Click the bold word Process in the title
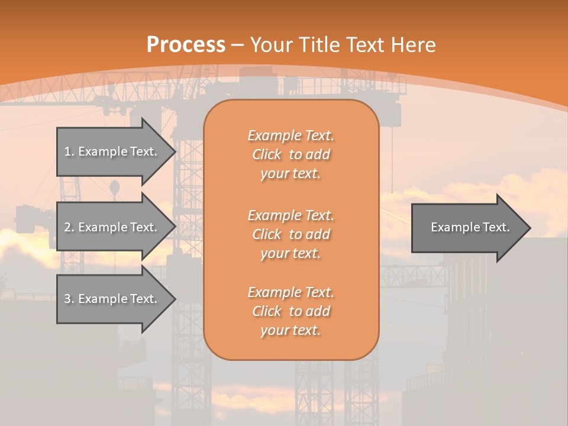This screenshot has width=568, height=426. click(x=186, y=45)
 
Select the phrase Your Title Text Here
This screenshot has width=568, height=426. click(x=343, y=45)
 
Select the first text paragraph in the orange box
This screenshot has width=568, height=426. click(x=291, y=154)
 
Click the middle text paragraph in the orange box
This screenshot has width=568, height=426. click(x=291, y=234)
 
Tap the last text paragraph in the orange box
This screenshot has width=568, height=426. click(x=291, y=311)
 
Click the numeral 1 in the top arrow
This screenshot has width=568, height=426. click(x=67, y=151)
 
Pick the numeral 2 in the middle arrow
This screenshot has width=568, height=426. click(x=67, y=227)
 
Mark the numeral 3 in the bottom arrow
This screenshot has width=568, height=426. click(x=67, y=299)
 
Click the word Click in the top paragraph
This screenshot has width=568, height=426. click(x=266, y=155)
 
